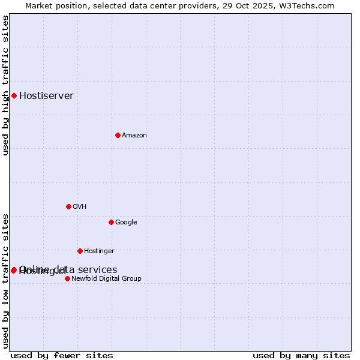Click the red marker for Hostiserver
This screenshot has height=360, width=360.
[14, 95]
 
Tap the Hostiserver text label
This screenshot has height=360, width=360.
[46, 95]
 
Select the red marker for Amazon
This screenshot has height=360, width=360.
[118, 135]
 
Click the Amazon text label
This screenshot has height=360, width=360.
[134, 136]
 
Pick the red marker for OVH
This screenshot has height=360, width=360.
[68, 206]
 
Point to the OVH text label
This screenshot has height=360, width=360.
[79, 207]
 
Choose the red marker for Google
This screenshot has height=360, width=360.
[111, 222]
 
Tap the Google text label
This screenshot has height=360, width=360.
[126, 223]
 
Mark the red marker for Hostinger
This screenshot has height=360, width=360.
[80, 251]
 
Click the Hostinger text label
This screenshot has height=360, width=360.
[99, 251]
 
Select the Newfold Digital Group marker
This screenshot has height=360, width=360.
[67, 278]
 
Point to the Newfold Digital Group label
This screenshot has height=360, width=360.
[106, 279]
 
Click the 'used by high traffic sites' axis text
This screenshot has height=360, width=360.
[6, 85]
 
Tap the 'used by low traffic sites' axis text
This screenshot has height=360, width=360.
[6, 280]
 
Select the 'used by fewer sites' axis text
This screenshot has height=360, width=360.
[62, 355]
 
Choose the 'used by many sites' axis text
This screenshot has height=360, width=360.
[301, 355]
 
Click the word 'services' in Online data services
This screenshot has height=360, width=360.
[98, 269]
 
